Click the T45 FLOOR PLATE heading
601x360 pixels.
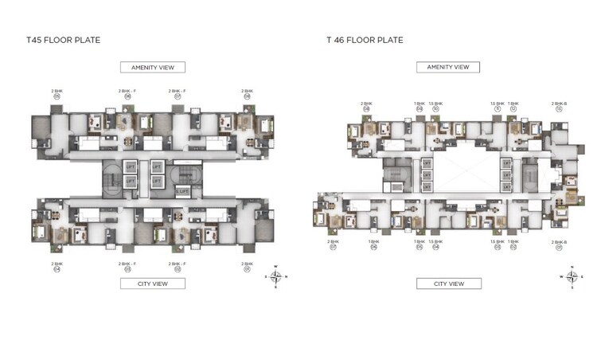(63, 40)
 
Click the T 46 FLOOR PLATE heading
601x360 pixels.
(365, 40)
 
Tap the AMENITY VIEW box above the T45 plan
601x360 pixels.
(152, 68)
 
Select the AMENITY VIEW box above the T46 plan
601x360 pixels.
(448, 67)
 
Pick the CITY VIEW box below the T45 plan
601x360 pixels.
(152, 284)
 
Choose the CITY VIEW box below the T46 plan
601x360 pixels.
(448, 284)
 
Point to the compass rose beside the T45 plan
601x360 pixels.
(275, 277)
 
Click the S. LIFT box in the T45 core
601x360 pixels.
(182, 191)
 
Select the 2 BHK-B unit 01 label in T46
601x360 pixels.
(559, 244)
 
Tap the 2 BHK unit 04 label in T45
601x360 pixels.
(57, 266)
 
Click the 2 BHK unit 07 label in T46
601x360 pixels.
(333, 244)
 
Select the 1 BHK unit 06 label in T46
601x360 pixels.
(373, 244)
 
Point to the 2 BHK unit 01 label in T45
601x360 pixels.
(247, 266)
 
